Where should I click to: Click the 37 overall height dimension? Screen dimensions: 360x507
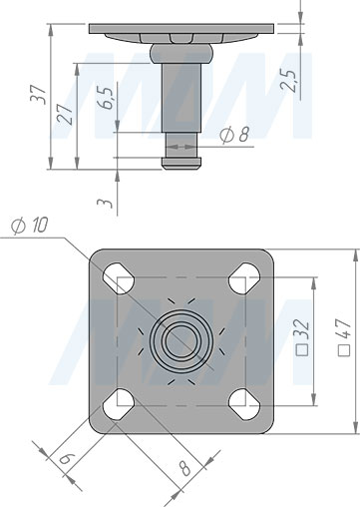pyautogui.click(x=38, y=95)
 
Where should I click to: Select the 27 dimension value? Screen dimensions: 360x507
pyautogui.click(x=65, y=114)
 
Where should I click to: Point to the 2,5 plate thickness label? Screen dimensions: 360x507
pyautogui.click(x=288, y=80)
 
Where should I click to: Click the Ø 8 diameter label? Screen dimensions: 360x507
pyautogui.click(x=234, y=135)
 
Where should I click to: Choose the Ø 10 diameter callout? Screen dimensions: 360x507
pyautogui.click(x=30, y=226)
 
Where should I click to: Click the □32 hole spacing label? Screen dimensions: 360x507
pyautogui.click(x=303, y=337)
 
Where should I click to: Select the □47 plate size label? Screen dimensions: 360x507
pyautogui.click(x=344, y=337)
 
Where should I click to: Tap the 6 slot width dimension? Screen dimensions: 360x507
pyautogui.click(x=65, y=459)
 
